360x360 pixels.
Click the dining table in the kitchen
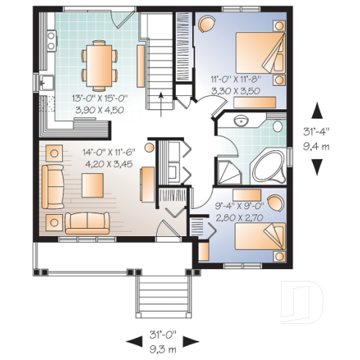(98, 63)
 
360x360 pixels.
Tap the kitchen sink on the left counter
(46, 83)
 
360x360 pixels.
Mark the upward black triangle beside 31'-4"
(317, 110)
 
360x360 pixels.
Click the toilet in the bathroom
(278, 127)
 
